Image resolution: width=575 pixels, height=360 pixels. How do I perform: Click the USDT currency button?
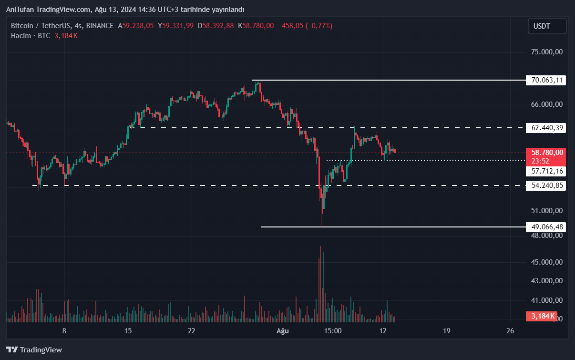click(x=547, y=26)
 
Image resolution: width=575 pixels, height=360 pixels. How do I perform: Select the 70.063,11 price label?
click(x=546, y=80)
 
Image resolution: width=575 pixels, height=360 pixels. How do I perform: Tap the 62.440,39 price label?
click(x=546, y=128)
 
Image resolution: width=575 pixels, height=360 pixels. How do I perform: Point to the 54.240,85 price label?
click(x=546, y=185)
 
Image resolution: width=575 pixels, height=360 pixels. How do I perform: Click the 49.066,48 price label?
click(x=546, y=227)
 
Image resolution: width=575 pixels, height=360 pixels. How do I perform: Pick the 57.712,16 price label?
click(x=546, y=171)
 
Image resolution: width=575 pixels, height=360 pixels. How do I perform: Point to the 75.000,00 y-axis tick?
click(x=547, y=52)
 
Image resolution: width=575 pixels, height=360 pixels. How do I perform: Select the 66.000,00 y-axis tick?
click(x=547, y=104)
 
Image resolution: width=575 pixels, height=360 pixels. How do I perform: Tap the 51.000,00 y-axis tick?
click(x=547, y=211)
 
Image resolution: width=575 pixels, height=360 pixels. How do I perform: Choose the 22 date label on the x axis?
click(x=191, y=331)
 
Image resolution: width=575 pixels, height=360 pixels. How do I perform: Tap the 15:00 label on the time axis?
click(x=332, y=331)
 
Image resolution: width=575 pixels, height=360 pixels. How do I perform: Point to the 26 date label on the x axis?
click(x=510, y=331)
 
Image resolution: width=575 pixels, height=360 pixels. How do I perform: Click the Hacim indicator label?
click(x=21, y=35)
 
